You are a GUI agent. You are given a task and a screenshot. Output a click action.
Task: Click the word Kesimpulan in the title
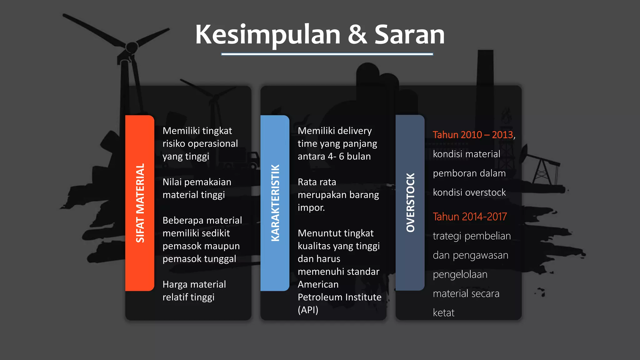[267, 35]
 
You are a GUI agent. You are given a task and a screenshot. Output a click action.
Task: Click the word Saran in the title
[409, 35]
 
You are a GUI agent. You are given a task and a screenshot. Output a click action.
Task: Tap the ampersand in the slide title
[357, 35]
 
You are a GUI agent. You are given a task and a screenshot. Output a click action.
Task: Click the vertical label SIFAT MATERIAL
[140, 203]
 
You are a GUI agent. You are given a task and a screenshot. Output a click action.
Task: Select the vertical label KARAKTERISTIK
[275, 203]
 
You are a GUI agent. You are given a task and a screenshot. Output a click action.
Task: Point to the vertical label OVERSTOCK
[410, 202]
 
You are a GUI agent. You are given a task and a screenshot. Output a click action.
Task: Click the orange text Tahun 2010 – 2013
[473, 135]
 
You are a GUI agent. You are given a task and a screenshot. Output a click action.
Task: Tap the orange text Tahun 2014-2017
[470, 217]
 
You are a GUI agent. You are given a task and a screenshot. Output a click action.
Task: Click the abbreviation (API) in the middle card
[308, 310]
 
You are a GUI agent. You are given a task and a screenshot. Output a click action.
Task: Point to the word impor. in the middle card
[311, 207]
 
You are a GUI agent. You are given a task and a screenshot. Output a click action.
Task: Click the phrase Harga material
[194, 284]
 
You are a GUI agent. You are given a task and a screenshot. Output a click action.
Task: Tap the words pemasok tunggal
[199, 259]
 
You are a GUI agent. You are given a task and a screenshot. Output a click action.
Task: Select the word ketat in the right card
[443, 313]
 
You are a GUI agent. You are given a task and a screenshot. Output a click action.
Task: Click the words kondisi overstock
[469, 192]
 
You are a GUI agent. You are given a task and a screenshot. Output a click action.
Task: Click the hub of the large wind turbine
[132, 47]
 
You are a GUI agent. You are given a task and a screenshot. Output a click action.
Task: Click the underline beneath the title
[327, 54]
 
